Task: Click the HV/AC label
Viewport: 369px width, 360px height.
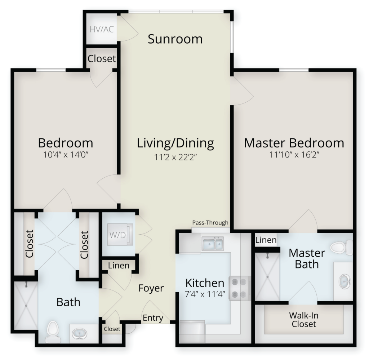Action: point(102,30)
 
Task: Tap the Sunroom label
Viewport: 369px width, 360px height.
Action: point(175,39)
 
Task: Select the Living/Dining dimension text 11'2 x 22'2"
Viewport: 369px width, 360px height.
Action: point(175,157)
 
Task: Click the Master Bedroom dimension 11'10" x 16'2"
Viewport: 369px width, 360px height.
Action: point(294,155)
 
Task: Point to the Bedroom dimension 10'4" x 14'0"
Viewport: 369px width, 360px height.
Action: point(66,155)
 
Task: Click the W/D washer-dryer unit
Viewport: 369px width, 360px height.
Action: point(120,235)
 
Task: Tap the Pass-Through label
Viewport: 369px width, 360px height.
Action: point(210,223)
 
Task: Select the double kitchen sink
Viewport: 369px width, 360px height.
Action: point(213,244)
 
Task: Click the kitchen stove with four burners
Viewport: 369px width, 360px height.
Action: point(240,288)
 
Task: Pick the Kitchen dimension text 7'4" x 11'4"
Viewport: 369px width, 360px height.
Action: point(205,294)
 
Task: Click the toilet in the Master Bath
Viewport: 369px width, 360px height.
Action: point(342,248)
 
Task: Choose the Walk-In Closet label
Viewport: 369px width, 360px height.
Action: point(304,320)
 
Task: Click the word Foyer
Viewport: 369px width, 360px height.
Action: point(151,288)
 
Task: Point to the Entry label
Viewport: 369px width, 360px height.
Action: point(153,318)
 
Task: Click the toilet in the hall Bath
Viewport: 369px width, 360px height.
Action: point(53,332)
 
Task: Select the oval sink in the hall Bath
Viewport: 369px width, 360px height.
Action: point(79,334)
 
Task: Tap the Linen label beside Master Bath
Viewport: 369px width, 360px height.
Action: point(266,240)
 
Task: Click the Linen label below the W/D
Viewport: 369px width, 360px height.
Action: point(119,266)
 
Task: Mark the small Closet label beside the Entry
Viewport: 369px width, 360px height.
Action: point(112,329)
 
